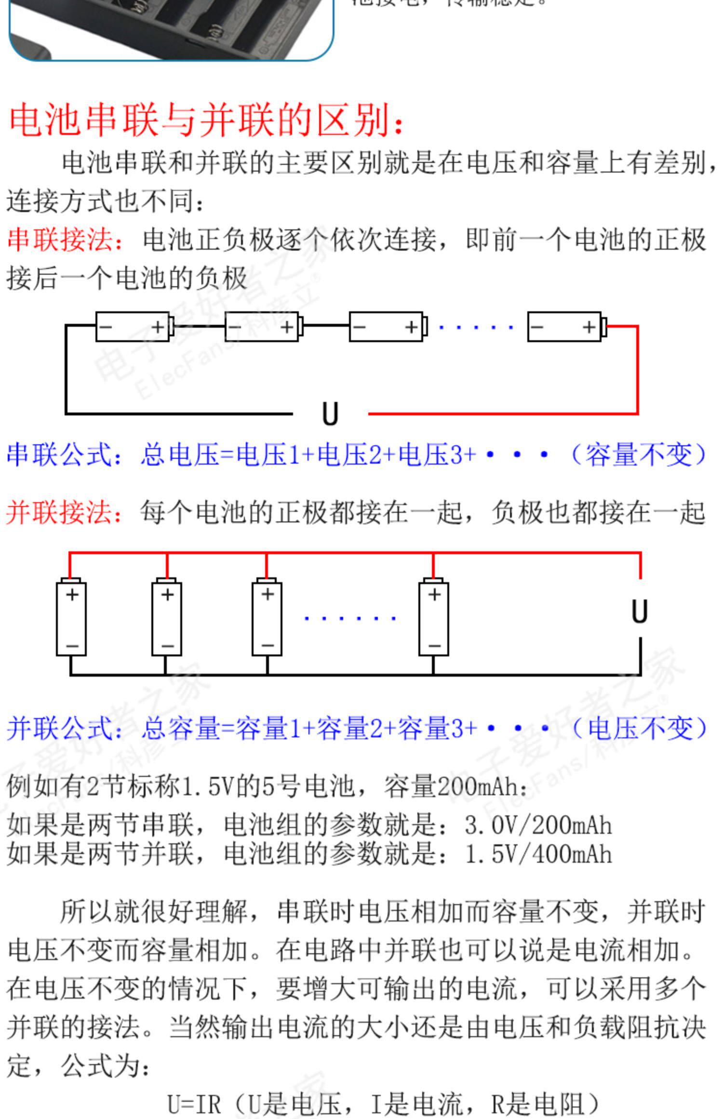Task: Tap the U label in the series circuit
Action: coord(330,414)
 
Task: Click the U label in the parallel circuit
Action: coord(640,612)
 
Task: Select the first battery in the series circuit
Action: coord(134,327)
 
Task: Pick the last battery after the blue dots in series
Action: coord(566,327)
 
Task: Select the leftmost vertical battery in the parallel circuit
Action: coord(71,618)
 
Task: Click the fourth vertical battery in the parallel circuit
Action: coord(433,618)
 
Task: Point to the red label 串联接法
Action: coord(65,240)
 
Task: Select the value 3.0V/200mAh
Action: coord(538,826)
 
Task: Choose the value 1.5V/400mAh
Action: coord(538,854)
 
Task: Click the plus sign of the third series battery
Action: coord(411,328)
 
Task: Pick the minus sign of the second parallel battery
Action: coord(167,646)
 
